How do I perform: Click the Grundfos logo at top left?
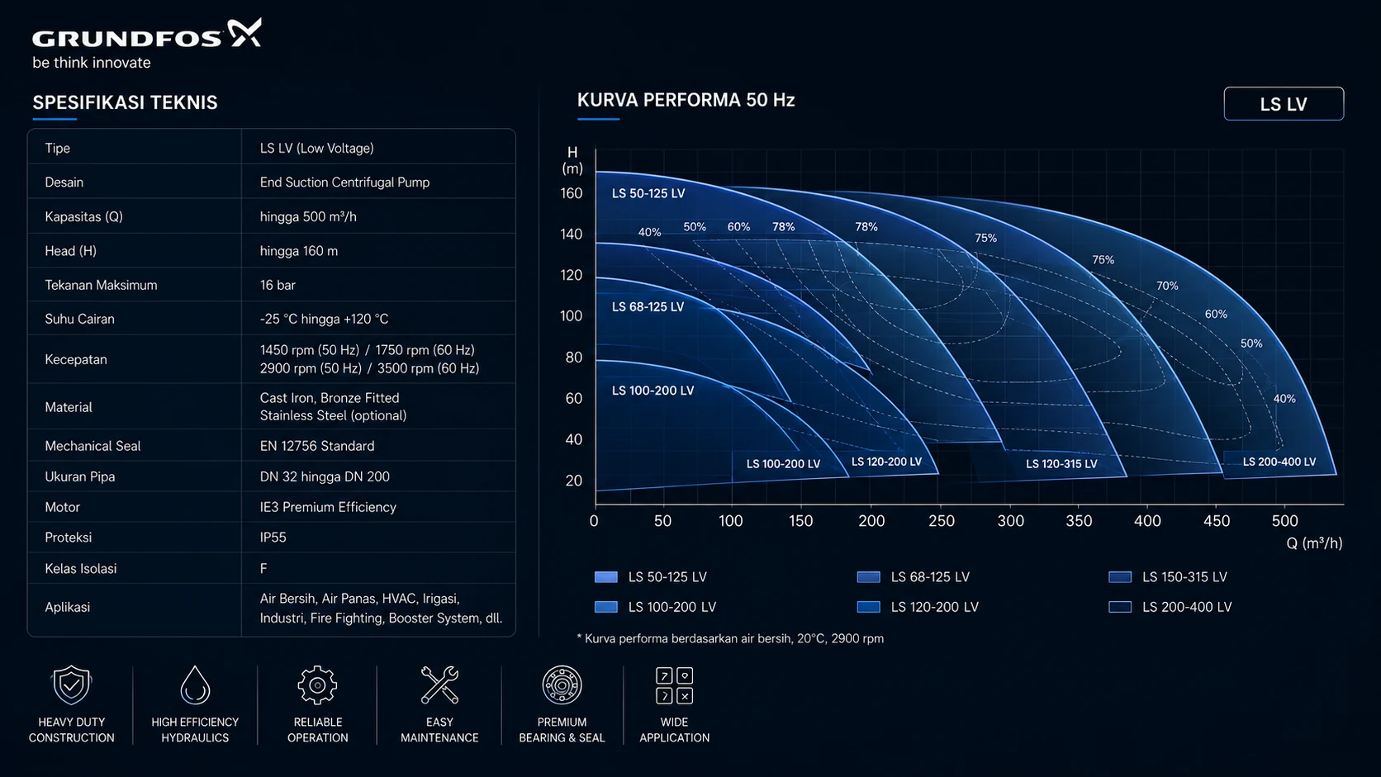point(147,34)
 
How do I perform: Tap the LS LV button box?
point(1284,103)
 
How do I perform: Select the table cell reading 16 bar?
point(278,286)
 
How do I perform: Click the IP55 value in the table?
point(273,538)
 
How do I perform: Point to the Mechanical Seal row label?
point(93,446)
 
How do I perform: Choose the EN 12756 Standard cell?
point(317,446)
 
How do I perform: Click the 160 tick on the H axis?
point(572,193)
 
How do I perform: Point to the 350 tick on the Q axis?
point(1079,521)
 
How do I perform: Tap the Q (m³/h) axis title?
point(1314,543)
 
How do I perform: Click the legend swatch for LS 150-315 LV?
point(1120,577)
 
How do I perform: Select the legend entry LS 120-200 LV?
point(935,608)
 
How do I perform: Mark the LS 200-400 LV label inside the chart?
point(1279,462)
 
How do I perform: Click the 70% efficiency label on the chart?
point(1167,286)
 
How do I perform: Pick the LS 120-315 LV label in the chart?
point(1061,464)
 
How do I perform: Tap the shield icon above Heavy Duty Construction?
point(72,685)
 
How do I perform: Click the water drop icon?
point(195,685)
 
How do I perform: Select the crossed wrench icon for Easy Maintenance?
point(439,685)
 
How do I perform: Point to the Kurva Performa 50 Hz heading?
point(686,101)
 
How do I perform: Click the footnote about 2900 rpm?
point(730,639)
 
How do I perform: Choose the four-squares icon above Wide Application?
point(675,685)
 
